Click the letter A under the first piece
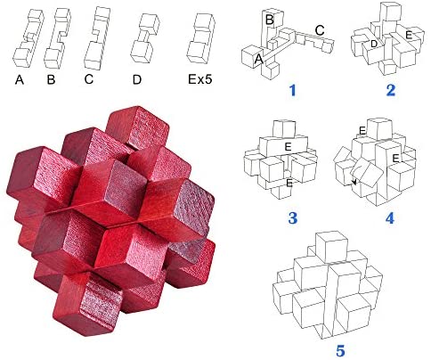(20, 79)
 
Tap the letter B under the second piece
(51, 79)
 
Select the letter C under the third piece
(89, 79)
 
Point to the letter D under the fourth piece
(137, 79)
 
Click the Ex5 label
(200, 79)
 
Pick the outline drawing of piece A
(28, 38)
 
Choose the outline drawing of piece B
(58, 38)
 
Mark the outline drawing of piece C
(97, 38)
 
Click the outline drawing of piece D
(145, 38)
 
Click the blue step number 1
(293, 90)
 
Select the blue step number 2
(391, 90)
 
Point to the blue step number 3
(293, 218)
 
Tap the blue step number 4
(390, 218)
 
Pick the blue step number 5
(340, 351)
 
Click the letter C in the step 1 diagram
(320, 30)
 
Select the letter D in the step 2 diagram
(374, 44)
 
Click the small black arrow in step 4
(353, 183)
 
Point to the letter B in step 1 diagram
(270, 20)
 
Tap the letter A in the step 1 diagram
(259, 59)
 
